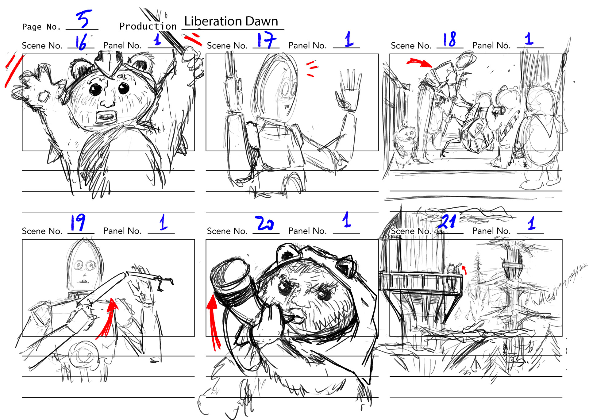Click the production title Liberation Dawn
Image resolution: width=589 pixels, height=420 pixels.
coord(231,21)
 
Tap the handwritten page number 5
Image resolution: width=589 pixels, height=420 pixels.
coord(84,19)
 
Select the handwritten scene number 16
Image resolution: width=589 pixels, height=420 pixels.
coord(81,42)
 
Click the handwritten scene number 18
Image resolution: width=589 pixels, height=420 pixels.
coord(449,39)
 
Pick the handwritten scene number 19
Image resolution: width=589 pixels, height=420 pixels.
coord(78,222)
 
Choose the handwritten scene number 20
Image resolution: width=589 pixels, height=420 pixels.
coord(264,223)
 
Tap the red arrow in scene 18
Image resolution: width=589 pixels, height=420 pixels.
coord(420,63)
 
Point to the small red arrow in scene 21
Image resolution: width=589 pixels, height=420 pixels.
coord(464,270)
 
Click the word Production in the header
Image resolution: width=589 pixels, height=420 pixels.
coord(148,26)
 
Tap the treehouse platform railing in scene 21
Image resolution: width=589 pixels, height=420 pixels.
coord(420,281)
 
